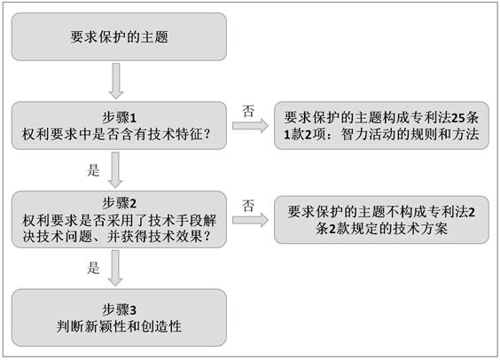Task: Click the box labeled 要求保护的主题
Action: (119, 36)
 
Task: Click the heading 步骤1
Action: (120, 117)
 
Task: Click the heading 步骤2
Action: (120, 203)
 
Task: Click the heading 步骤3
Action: (120, 309)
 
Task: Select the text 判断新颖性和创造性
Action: (120, 326)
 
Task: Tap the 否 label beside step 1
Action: (248, 112)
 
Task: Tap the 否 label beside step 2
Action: (248, 206)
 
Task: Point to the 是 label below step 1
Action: (93, 170)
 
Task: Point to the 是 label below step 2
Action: (93, 268)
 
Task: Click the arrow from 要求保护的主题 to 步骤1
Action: (116, 81)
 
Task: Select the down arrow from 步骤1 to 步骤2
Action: (115, 170)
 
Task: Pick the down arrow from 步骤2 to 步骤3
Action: (115, 268)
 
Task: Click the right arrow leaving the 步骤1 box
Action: (250, 126)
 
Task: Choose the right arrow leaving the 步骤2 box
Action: (250, 220)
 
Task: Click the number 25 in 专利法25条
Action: (458, 118)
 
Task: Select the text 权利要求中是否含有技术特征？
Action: (117, 134)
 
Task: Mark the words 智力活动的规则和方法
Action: (410, 134)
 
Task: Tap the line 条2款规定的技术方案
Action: (382, 228)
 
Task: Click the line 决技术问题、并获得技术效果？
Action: (117, 236)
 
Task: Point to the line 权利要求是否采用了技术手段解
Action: (120, 220)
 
